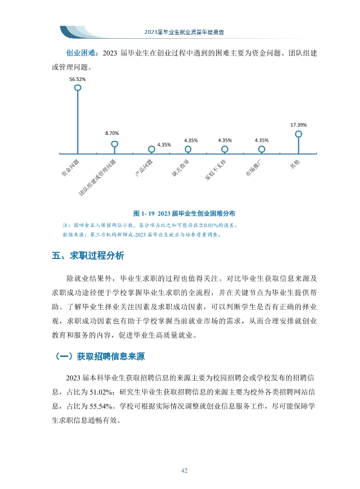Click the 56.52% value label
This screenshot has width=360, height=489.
pos(77,79)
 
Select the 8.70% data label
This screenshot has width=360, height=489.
pos(112,133)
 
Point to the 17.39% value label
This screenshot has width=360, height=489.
pos(299,125)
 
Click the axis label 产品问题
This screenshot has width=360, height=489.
pos(143,168)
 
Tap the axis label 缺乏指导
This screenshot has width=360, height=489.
pos(180,168)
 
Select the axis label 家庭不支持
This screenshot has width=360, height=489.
pos(215,170)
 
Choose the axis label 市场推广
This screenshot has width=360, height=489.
pos(254,168)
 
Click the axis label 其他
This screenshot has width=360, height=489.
pos(295,164)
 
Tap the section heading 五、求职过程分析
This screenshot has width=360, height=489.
pos(88,256)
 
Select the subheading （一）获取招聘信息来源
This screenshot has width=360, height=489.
pos(100,356)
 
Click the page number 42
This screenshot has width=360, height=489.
pos(184,471)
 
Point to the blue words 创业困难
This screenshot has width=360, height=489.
pos(80,53)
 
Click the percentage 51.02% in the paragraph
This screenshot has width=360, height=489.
pos(101,392)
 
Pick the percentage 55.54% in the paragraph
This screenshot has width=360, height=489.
pos(101,406)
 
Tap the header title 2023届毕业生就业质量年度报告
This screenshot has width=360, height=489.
pos(184,32)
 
